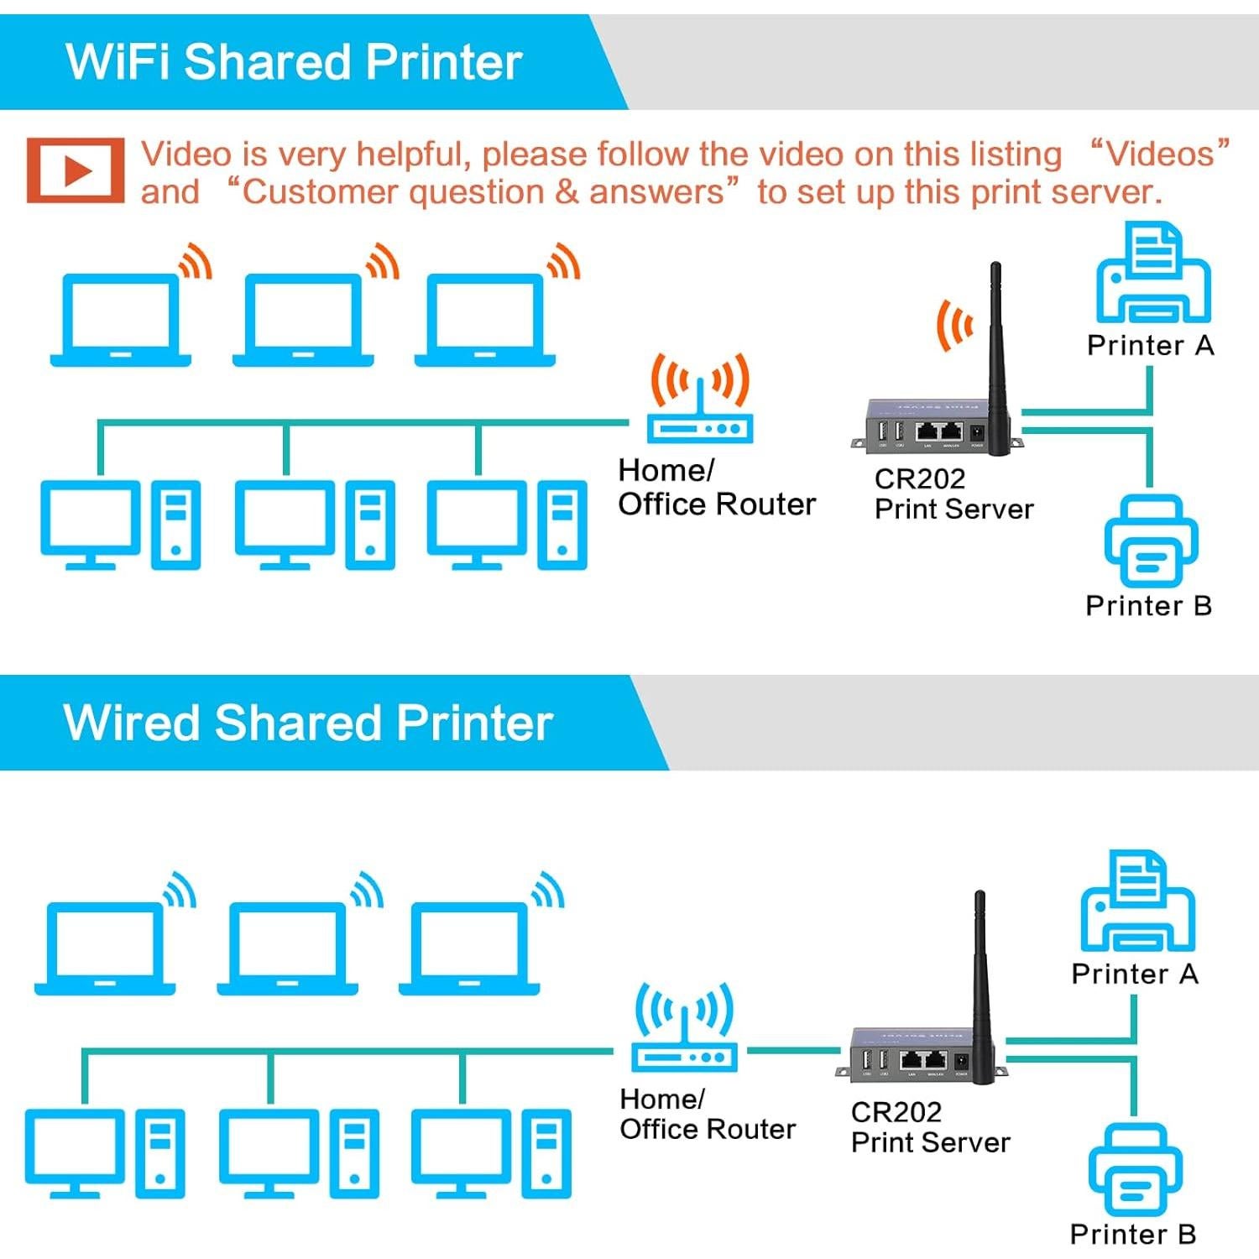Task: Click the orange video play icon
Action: point(76,170)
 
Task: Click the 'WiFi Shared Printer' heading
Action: point(294,62)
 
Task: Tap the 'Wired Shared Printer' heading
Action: point(308,723)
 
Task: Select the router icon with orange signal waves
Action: point(700,401)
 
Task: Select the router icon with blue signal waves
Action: point(684,1029)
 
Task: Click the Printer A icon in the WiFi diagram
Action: point(1153,274)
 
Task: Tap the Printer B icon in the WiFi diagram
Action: point(1151,541)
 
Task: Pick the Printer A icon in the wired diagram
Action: point(1137,902)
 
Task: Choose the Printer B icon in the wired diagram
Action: point(1135,1169)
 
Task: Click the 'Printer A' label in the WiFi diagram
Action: point(1150,345)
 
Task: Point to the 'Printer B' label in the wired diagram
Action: point(1133,1234)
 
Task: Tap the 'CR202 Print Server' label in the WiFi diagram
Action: point(953,494)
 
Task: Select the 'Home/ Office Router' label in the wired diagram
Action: point(707,1114)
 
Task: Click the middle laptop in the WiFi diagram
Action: point(303,321)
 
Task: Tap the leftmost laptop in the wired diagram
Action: point(105,949)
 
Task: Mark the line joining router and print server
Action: point(793,1050)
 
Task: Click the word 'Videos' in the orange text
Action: point(1160,154)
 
